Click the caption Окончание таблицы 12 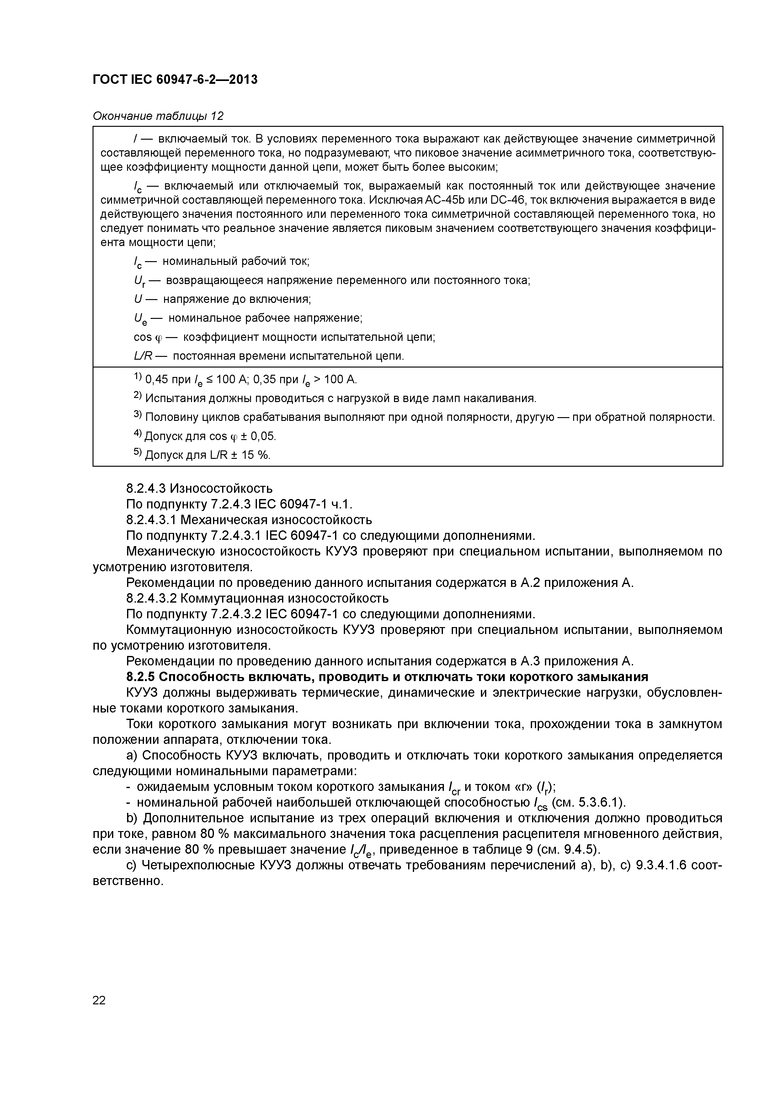point(158,116)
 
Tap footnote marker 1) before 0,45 point(138,377)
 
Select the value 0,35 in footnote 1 point(265,380)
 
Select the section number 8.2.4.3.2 point(152,599)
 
